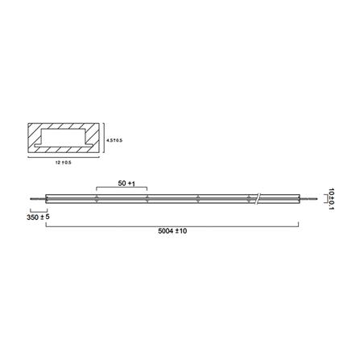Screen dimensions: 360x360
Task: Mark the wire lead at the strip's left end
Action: click(36, 198)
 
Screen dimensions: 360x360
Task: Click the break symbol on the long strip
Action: click(258, 197)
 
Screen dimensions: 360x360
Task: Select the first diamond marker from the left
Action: click(96, 197)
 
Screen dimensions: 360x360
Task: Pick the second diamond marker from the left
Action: click(147, 197)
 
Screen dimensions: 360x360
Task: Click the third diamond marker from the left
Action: click(198, 197)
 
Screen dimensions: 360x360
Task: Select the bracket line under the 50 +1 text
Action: click(121, 191)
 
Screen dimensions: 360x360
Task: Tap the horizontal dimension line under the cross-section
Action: click(64, 159)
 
